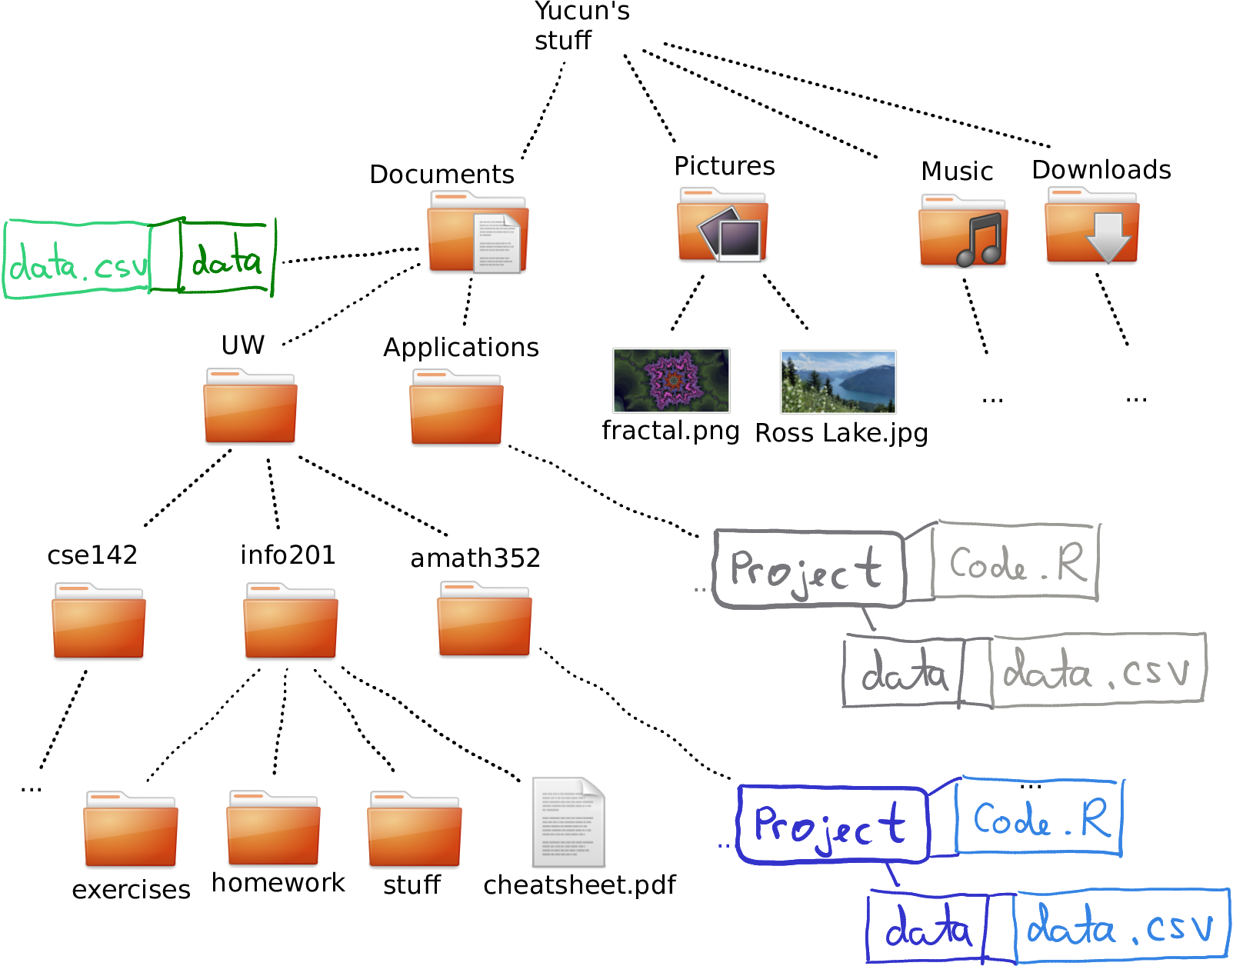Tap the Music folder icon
tap(963, 231)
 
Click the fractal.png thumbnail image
tap(671, 380)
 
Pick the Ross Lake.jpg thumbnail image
tap(838, 381)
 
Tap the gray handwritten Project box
tap(808, 569)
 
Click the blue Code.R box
tap(1038, 818)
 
